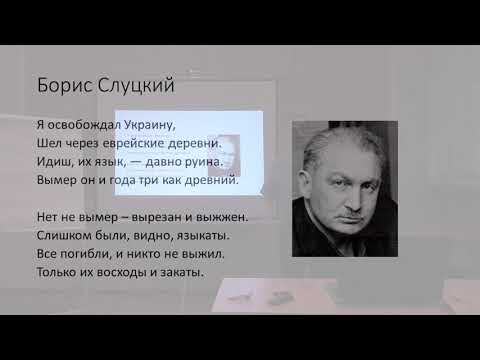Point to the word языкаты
pos(198,235)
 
